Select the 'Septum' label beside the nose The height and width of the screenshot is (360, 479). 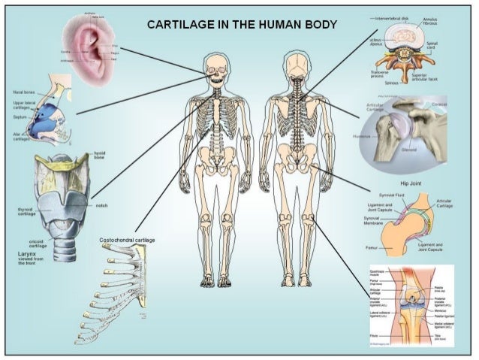pos(17,118)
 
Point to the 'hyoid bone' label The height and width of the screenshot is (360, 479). pos(100,156)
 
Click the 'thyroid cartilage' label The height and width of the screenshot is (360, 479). pos(19,211)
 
